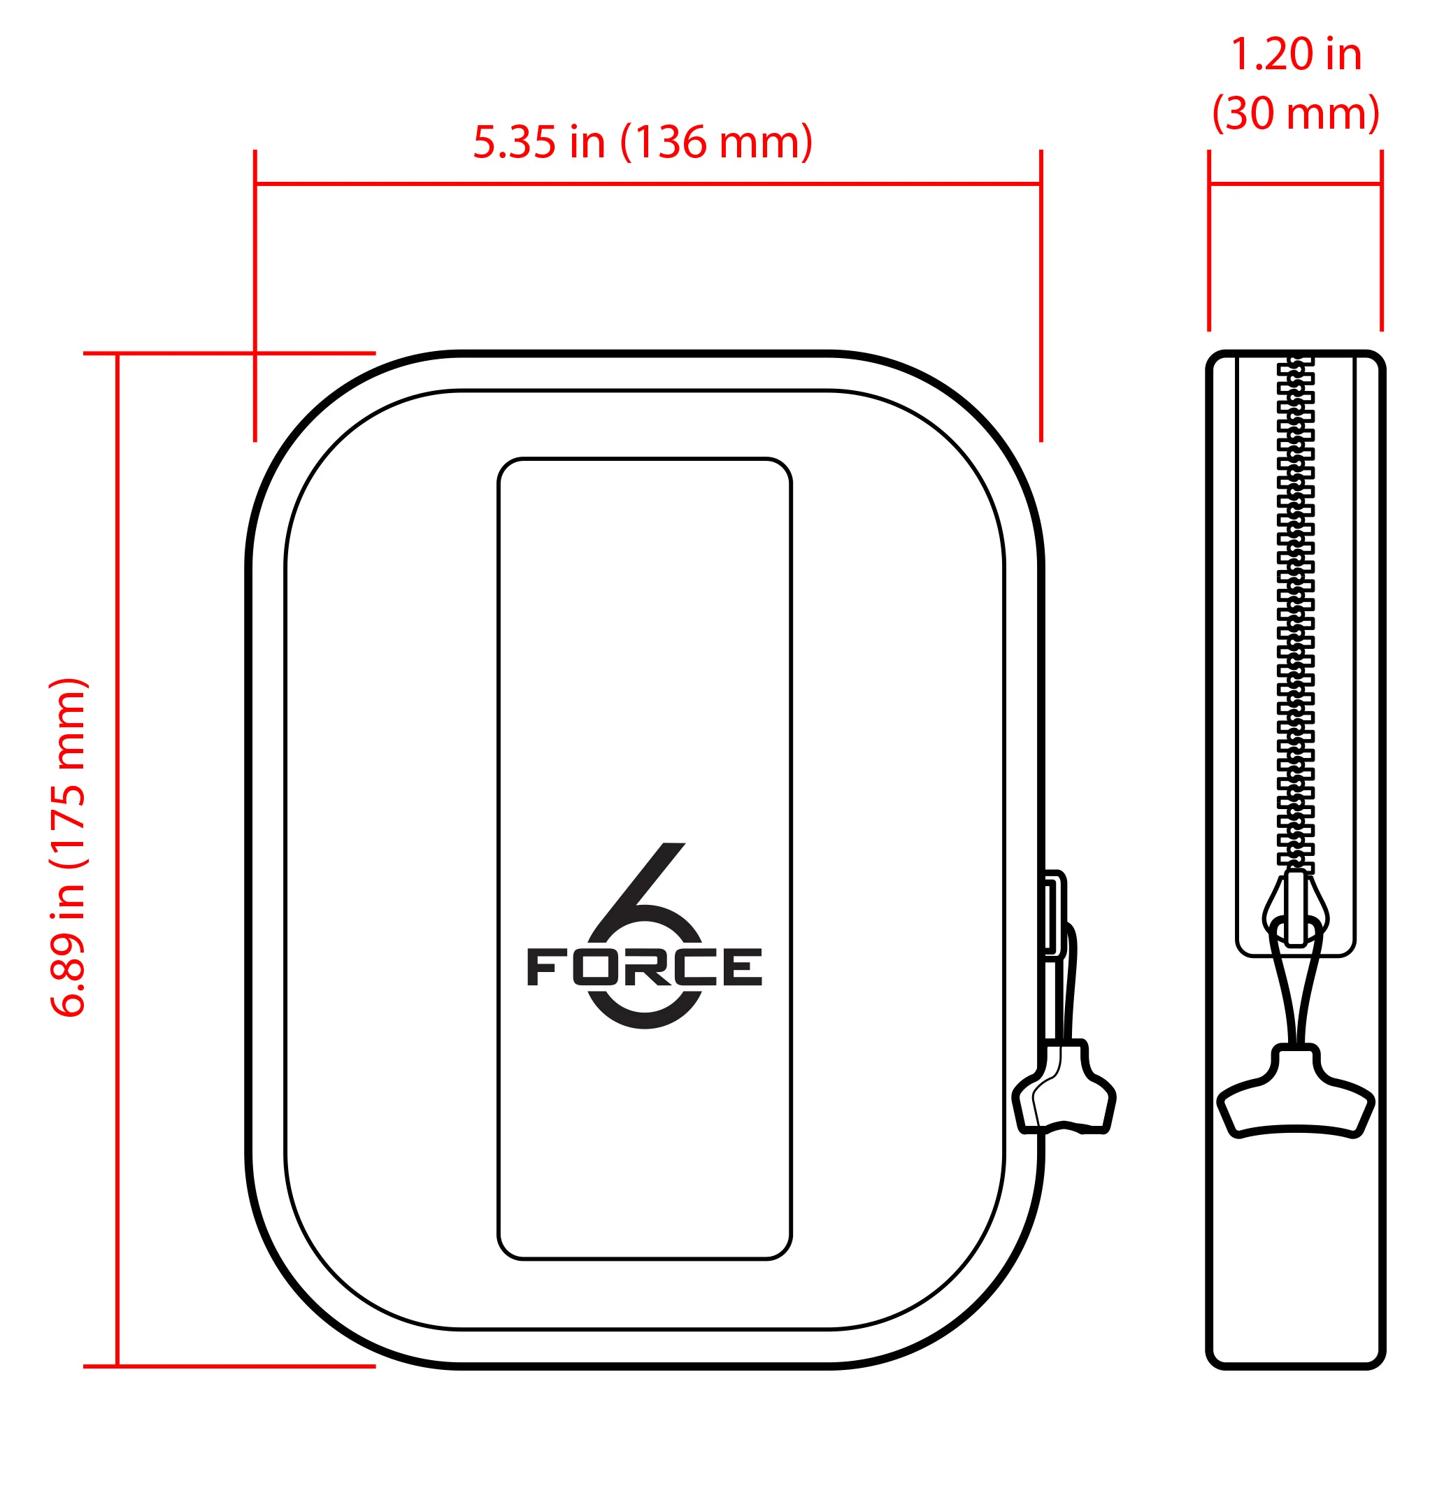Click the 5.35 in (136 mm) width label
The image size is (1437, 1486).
[643, 143]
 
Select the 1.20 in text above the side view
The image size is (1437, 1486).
[1295, 55]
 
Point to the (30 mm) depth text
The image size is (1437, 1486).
[1295, 114]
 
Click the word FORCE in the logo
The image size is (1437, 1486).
[644, 967]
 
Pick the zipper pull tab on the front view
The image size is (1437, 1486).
[1064, 1092]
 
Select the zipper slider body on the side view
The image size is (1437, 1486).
[1295, 910]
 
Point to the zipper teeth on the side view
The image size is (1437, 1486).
[1295, 606]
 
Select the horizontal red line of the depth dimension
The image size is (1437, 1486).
[1295, 183]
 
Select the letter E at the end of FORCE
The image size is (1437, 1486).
[743, 967]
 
